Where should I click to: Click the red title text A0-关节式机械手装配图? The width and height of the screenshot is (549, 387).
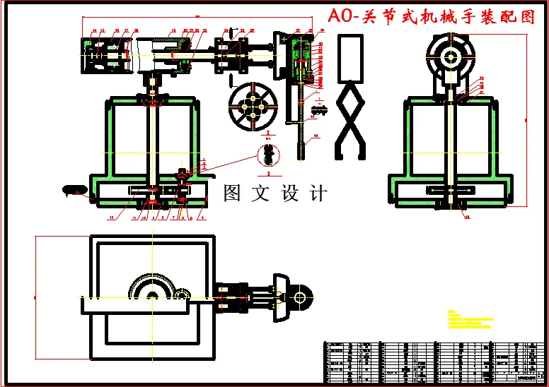pos(433,18)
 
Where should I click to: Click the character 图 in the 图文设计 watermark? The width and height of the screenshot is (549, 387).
pos(233,193)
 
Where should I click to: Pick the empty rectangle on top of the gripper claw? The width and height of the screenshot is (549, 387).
pos(352,58)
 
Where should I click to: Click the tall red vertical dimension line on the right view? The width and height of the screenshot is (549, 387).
pos(527,120)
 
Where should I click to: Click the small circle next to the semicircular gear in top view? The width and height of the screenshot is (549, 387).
pos(182,294)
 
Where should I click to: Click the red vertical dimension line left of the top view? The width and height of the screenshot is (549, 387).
pos(36,297)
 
